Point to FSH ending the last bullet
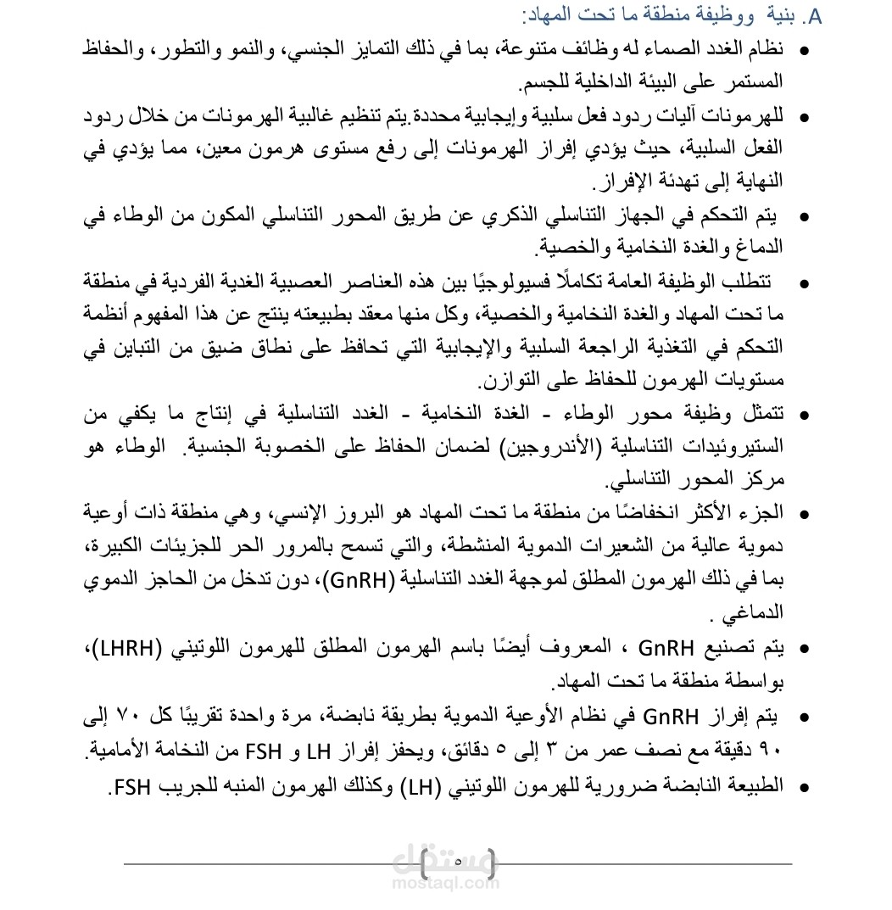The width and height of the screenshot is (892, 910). click(129, 786)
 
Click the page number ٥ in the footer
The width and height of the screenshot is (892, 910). click(458, 863)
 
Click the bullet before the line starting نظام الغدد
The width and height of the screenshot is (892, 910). click(803, 51)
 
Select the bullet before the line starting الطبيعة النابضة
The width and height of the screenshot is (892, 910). click(803, 787)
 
